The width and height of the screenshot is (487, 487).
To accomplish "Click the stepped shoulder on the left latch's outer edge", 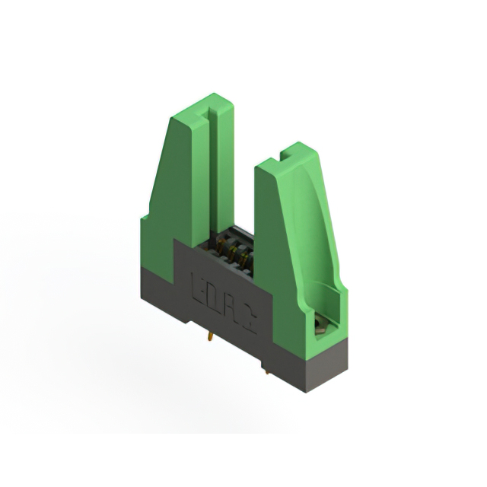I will click(x=145, y=220).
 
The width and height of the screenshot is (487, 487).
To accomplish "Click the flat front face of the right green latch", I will click(x=274, y=251).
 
